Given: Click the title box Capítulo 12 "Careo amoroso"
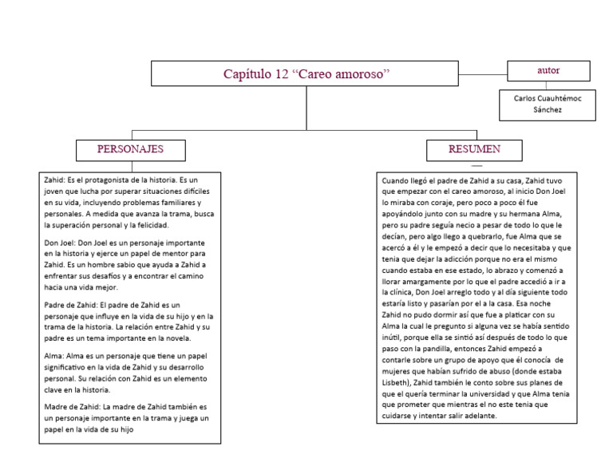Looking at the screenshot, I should [306, 73].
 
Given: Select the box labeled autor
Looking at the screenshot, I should [548, 71].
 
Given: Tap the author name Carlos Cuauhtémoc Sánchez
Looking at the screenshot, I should [548, 103].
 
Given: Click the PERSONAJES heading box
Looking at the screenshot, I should [130, 149].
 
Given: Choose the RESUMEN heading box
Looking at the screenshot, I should [474, 149].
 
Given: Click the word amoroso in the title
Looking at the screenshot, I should [361, 74].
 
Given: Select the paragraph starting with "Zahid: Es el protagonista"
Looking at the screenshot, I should [128, 203].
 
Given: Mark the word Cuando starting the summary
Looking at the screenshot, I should [398, 180].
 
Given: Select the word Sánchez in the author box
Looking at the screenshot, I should [548, 109].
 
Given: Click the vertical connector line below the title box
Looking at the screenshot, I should [306, 107].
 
